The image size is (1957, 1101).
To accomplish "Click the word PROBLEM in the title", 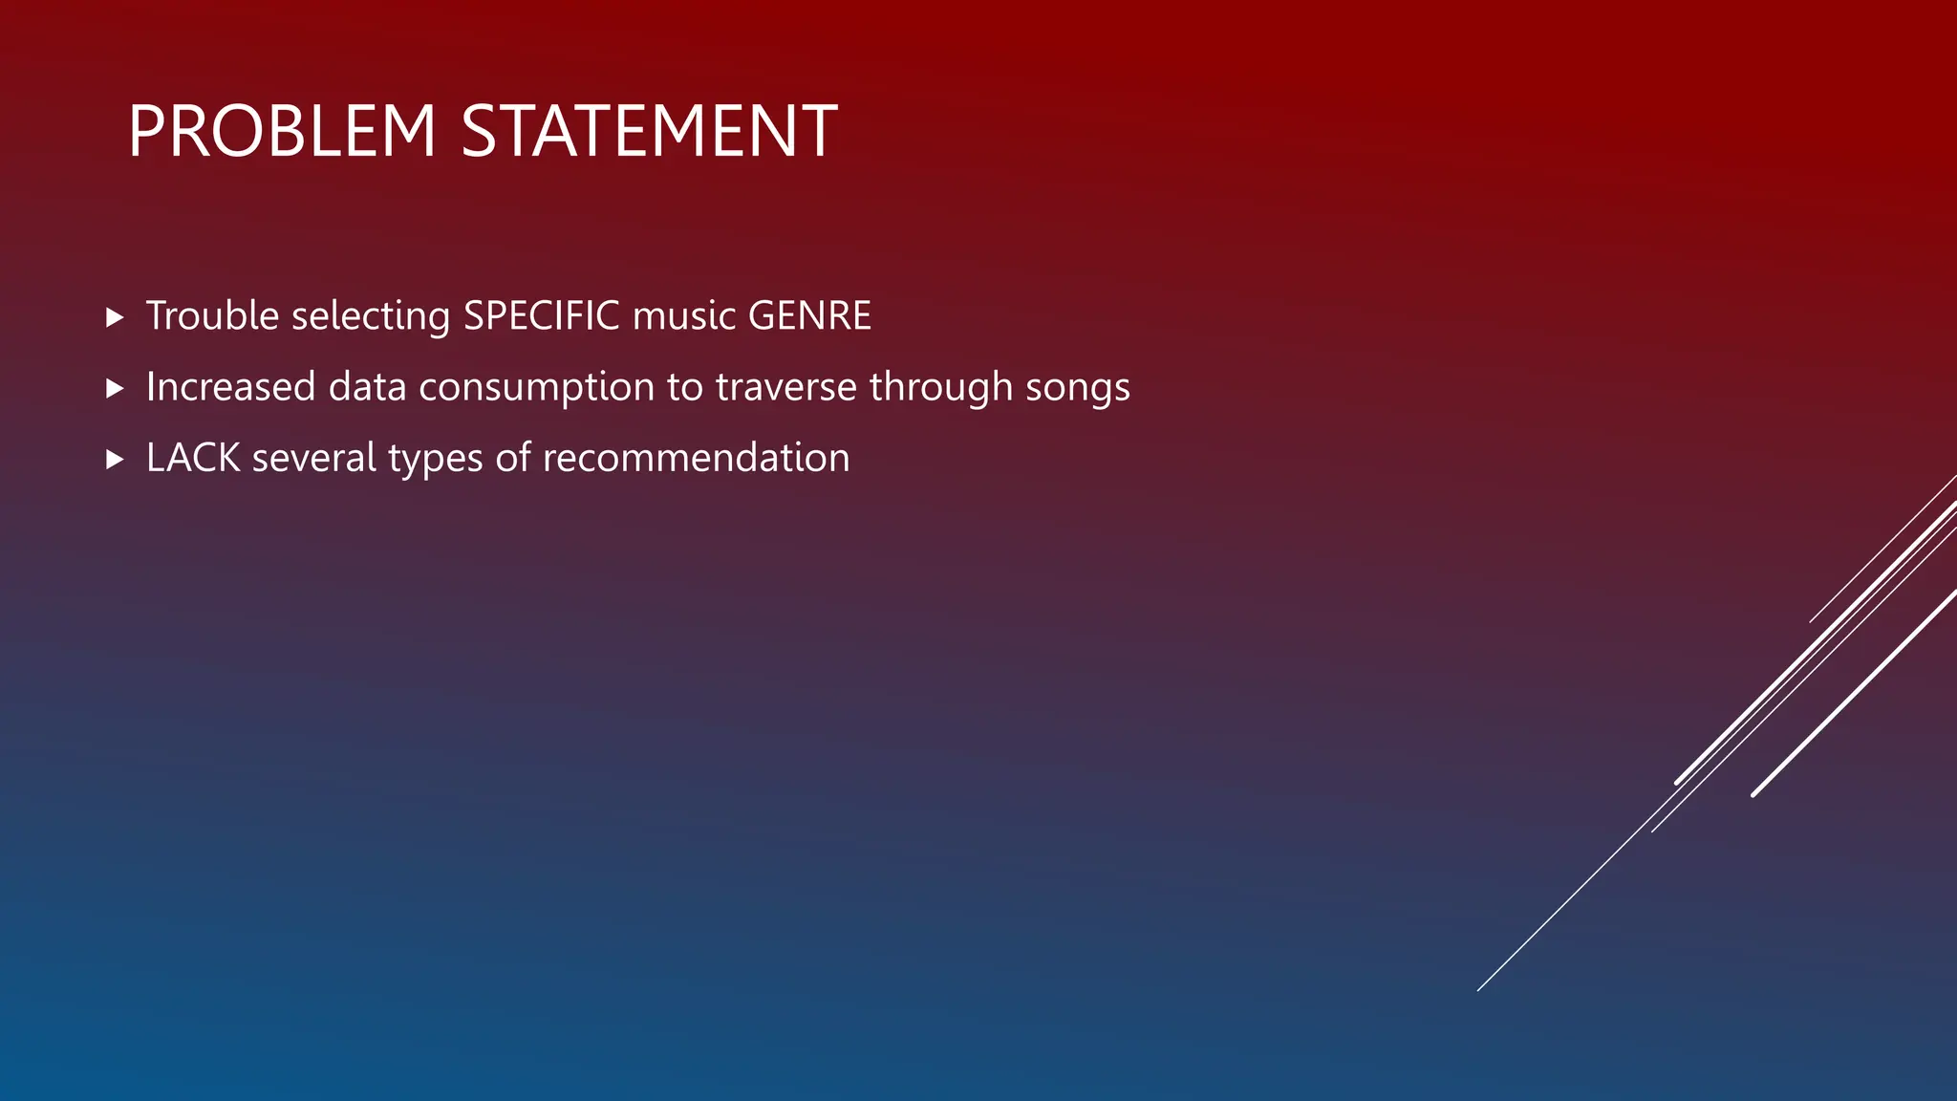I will pyautogui.click(x=282, y=131).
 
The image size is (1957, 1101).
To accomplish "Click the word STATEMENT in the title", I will pyautogui.click(x=649, y=131).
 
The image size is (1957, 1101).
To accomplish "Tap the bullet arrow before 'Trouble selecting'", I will pyautogui.click(x=115, y=317).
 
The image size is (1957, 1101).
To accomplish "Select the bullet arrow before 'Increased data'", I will pyautogui.click(x=115, y=388).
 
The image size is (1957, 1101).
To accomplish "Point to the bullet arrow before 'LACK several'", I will pyautogui.click(x=115, y=460).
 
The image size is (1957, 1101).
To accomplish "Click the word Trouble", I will pyautogui.click(x=212, y=315).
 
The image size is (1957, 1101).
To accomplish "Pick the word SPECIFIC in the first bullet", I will pyautogui.click(x=541, y=315).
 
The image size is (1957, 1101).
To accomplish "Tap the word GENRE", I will pyautogui.click(x=809, y=315).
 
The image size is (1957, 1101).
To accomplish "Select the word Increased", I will pyautogui.click(x=230, y=387).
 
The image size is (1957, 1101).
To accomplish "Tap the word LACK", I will pyautogui.click(x=193, y=458).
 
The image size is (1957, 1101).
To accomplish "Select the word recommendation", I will pyautogui.click(x=696, y=458).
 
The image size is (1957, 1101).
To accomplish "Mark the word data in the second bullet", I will pyautogui.click(x=367, y=387).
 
